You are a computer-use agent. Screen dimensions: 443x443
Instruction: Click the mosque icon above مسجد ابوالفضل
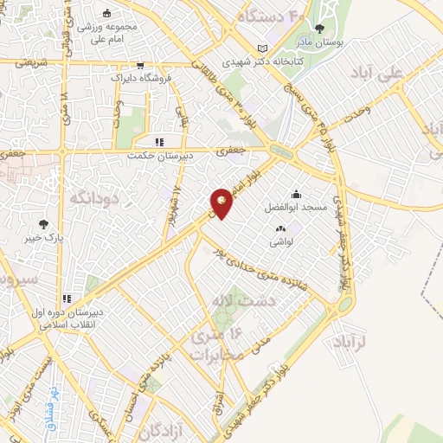coord(296,194)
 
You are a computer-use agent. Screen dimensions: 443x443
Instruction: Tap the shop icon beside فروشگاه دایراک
coord(140,65)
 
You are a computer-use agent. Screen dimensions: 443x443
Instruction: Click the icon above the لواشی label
coord(279,229)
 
